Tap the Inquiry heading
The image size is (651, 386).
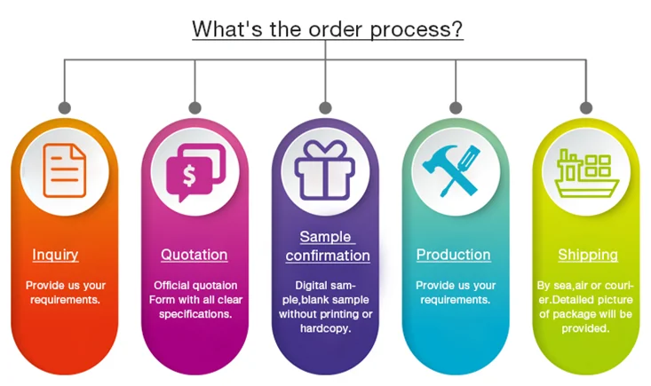point(55,255)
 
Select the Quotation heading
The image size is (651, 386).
point(194,255)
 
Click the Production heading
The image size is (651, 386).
point(453,255)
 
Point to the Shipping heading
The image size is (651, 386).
point(587,255)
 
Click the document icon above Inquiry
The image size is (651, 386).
point(63,169)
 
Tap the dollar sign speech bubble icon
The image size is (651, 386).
point(195,169)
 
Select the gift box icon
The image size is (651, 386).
point(325,169)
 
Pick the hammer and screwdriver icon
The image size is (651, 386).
point(456,169)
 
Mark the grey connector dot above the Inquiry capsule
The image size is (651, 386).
point(65,107)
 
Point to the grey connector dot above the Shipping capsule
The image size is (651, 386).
point(586,107)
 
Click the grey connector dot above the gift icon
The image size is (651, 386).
point(325,107)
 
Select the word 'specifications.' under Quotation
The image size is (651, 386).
point(195,313)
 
